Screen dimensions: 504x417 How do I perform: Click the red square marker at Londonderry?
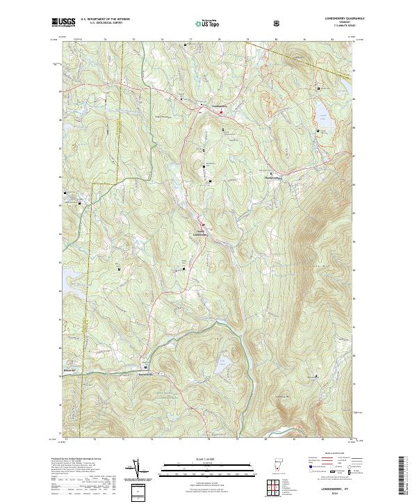tap(222, 111)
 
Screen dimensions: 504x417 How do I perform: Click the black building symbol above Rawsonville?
tap(145, 367)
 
